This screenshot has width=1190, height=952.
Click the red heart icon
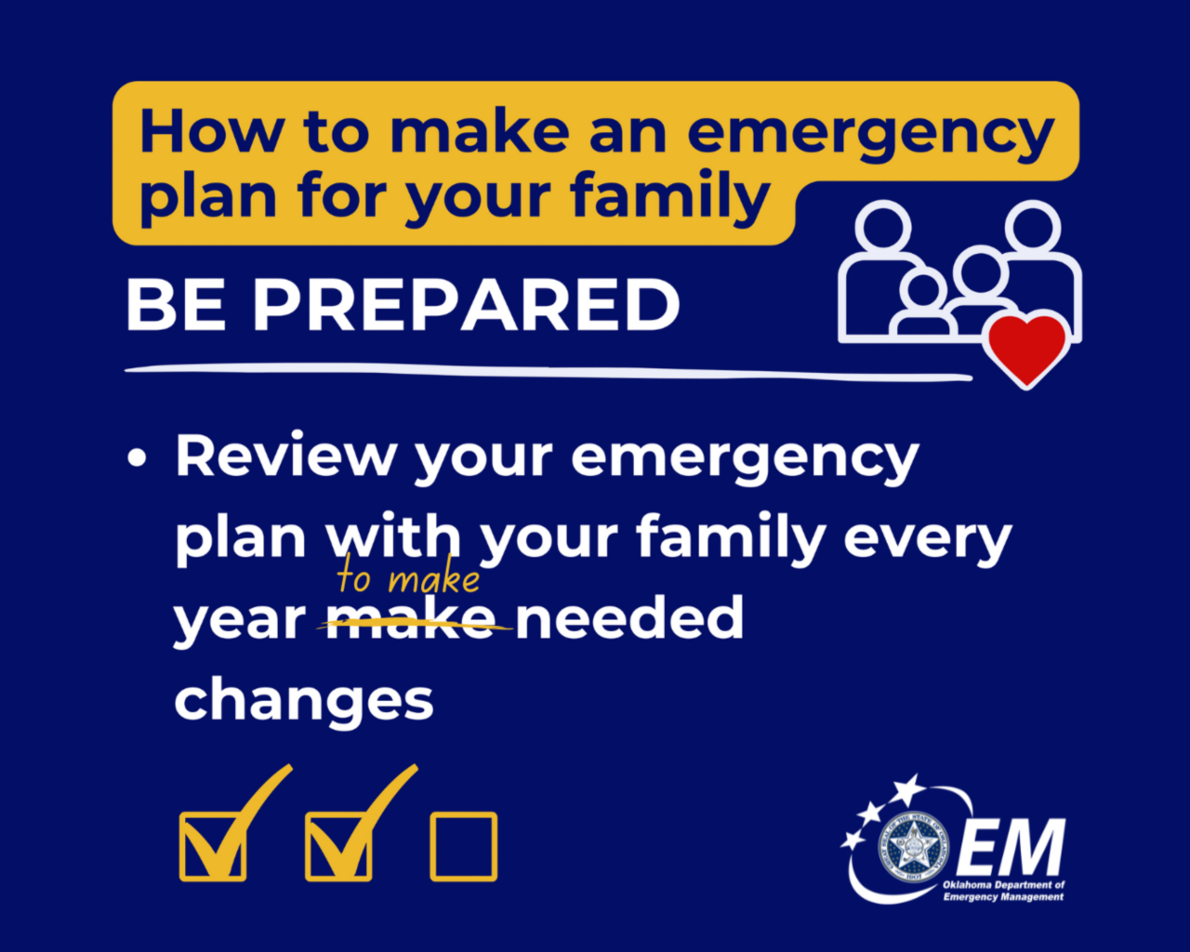pos(1027,348)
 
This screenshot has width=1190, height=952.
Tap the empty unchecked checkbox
pos(463,847)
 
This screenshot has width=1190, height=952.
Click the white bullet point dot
pos(138,458)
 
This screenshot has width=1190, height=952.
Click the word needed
pos(629,618)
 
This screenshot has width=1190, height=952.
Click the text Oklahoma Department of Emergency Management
pos(1003,891)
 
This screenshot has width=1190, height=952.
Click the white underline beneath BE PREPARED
pos(549,372)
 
